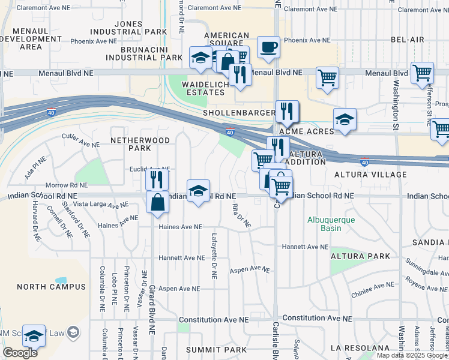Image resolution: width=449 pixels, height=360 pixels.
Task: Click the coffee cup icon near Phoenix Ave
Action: click(x=268, y=47)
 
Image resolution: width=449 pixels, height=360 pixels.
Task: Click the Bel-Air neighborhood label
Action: click(x=408, y=40)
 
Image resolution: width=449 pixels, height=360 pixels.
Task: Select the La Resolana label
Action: click(x=360, y=348)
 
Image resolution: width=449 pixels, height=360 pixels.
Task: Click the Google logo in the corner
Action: click(x=20, y=353)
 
